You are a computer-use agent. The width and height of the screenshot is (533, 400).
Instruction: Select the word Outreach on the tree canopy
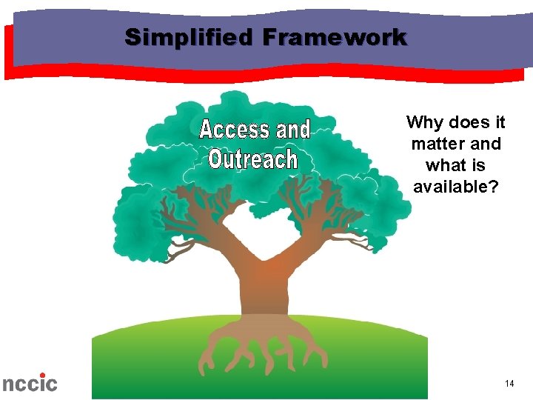[252, 159]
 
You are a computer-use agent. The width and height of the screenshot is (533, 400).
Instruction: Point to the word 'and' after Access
[293, 130]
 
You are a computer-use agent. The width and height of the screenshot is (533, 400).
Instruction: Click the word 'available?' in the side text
[456, 187]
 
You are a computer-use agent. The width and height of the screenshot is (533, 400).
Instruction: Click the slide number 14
[509, 383]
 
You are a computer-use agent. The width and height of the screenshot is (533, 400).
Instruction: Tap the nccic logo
[30, 383]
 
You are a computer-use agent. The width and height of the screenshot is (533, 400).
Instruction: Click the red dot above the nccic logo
[42, 375]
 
